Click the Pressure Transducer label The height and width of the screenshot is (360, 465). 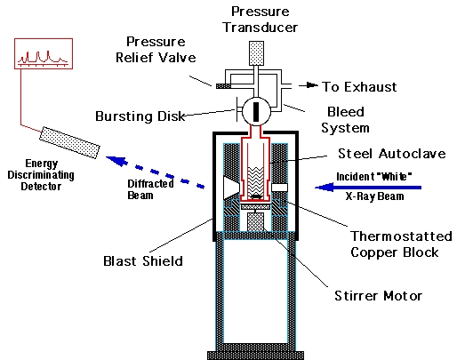coord(261,20)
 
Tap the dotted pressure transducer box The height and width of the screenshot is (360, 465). coord(257,53)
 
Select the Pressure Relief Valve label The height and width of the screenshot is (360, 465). coord(156,50)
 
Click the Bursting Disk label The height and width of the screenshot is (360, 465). coord(140,116)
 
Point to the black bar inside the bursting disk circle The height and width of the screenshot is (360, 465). coord(256,111)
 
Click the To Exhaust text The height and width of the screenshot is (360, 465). coord(359,87)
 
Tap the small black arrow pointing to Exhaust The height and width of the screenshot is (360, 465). coord(309,85)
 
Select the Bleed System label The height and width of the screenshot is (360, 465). coord(346,120)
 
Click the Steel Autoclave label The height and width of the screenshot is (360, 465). coord(392,154)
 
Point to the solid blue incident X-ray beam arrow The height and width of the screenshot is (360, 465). coord(368,188)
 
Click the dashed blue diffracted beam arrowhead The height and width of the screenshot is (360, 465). coord(117,160)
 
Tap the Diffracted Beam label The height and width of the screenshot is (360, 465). coord(150,189)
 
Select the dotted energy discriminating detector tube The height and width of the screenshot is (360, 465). coord(69,142)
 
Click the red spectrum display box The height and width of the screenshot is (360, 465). coord(44,53)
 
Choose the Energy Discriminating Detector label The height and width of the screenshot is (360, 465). coord(41,175)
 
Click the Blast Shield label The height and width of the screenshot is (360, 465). coord(143,261)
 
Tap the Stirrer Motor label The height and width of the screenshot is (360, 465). coord(378,296)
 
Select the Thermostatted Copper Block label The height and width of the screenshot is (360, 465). coord(401,244)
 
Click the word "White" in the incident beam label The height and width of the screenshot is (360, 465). coord(393,176)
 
